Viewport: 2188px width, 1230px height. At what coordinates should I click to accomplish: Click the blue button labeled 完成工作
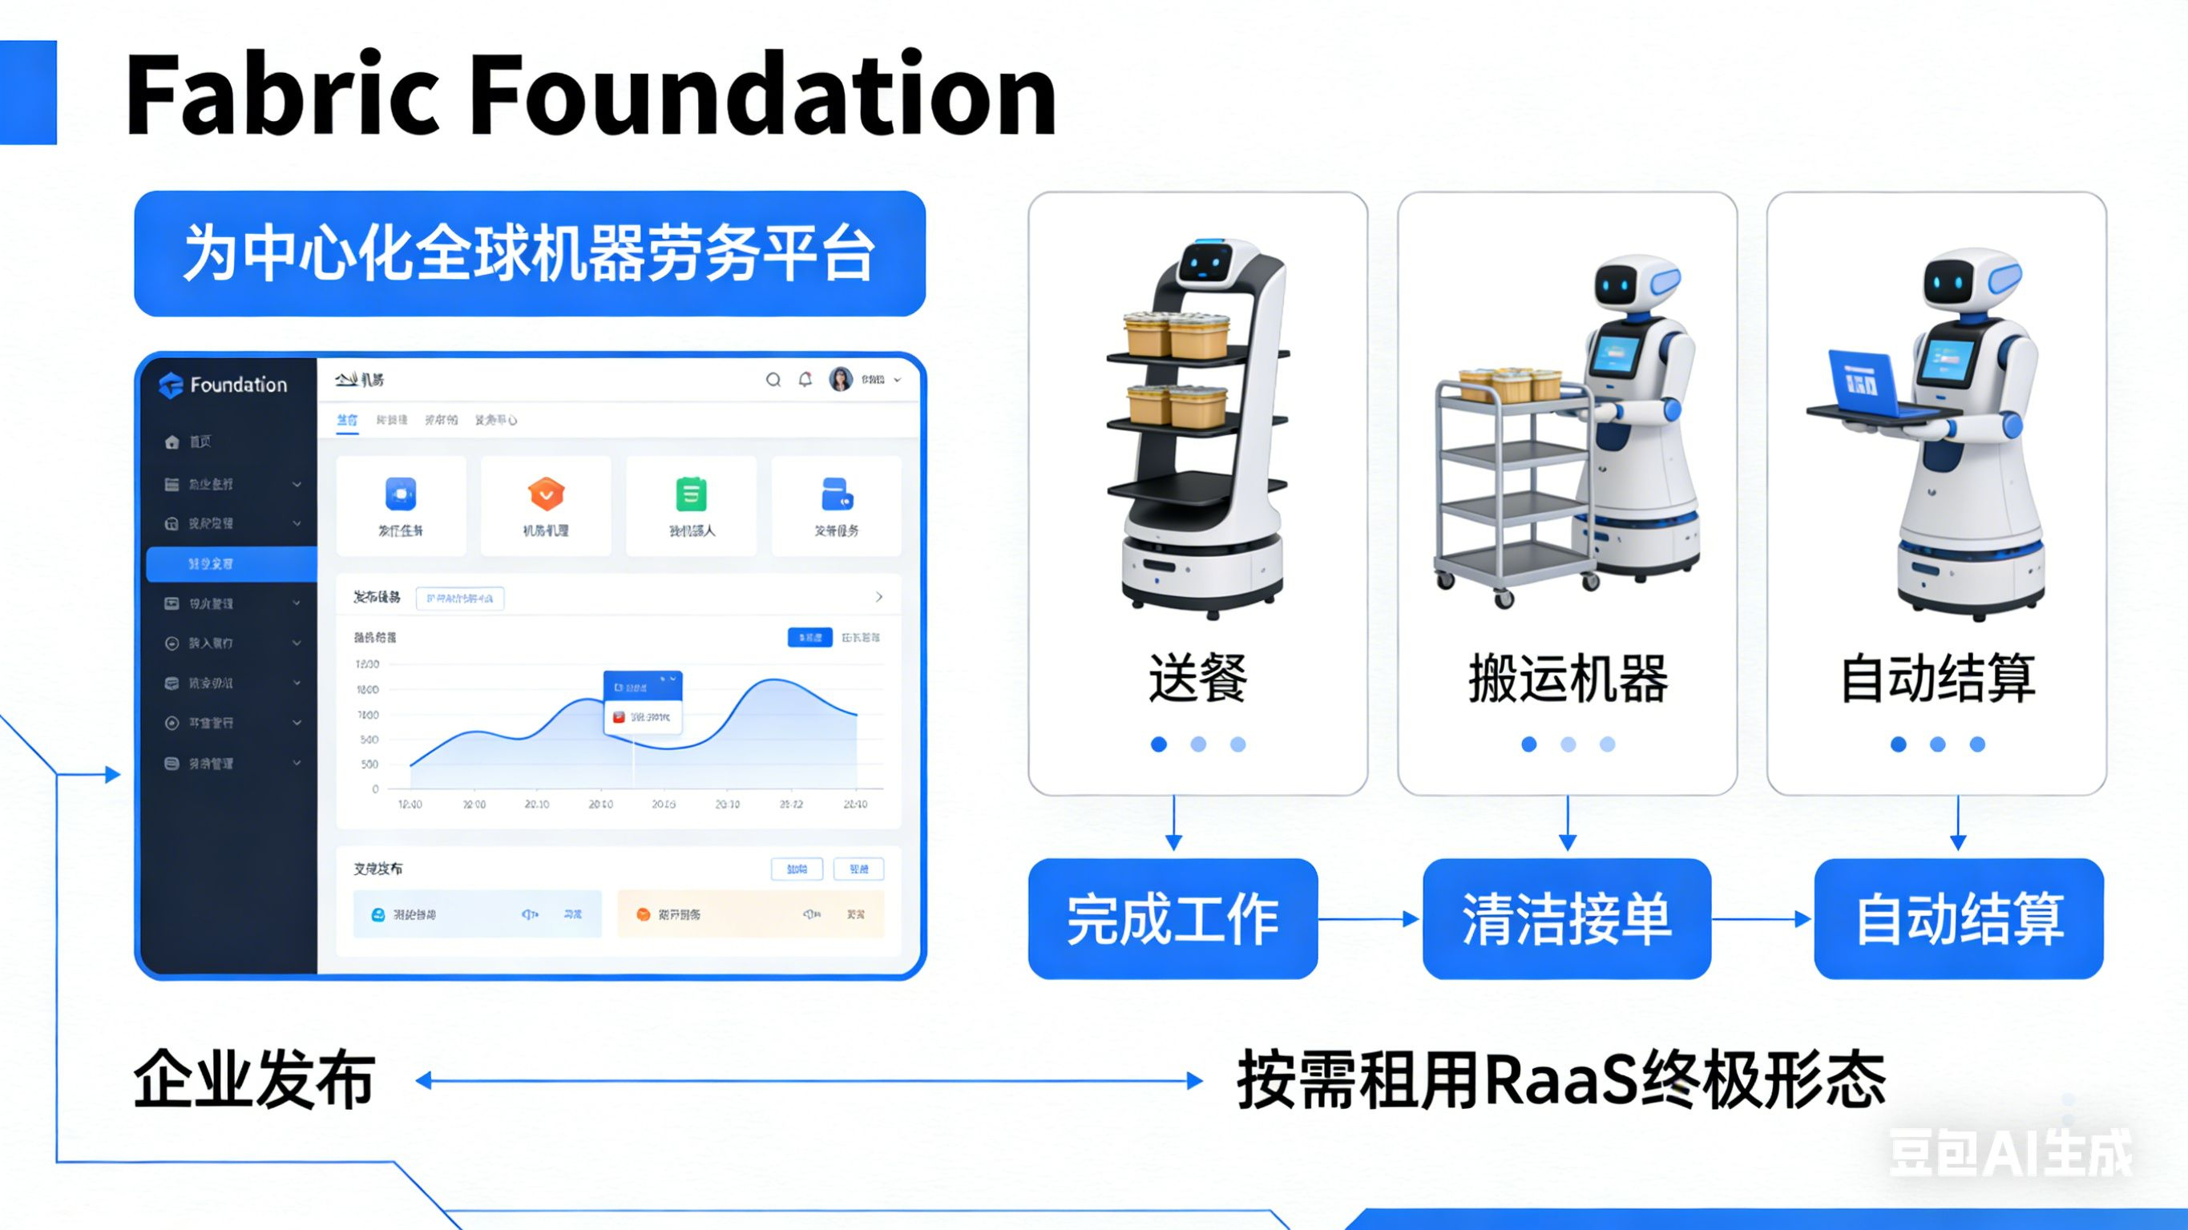tap(1172, 918)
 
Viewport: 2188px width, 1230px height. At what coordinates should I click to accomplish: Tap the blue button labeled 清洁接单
tap(1566, 918)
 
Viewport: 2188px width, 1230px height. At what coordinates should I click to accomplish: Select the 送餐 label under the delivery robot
tap(1197, 678)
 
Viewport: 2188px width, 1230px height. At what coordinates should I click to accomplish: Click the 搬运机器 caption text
tap(1568, 678)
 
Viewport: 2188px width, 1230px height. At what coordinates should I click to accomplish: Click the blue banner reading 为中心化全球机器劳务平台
tap(529, 253)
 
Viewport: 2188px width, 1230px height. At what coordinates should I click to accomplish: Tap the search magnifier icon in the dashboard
tap(773, 380)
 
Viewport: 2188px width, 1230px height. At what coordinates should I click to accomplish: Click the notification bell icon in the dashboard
tap(805, 380)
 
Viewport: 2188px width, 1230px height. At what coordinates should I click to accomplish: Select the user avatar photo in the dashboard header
tap(840, 379)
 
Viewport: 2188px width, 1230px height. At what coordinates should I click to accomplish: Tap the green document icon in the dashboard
tap(691, 494)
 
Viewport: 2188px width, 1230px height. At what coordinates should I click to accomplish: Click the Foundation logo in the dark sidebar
tap(224, 385)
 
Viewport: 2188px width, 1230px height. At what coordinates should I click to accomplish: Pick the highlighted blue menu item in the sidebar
tap(231, 564)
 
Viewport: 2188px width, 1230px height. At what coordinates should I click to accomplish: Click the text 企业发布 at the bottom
tap(254, 1079)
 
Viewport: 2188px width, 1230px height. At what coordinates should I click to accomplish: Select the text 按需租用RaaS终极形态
tap(1560, 1079)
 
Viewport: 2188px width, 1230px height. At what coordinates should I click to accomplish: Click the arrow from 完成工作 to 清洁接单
tap(1369, 918)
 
